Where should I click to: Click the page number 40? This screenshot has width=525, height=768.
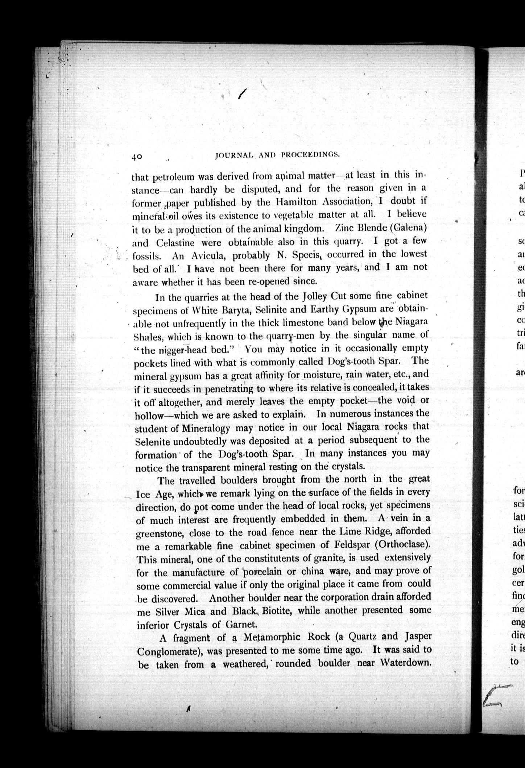click(x=137, y=156)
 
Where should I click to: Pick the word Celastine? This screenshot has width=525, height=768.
click(x=175, y=242)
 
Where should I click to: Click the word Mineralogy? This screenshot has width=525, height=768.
click(x=206, y=428)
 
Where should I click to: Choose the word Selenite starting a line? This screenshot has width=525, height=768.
click(x=153, y=442)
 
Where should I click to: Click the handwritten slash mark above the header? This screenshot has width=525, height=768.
click(x=241, y=94)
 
